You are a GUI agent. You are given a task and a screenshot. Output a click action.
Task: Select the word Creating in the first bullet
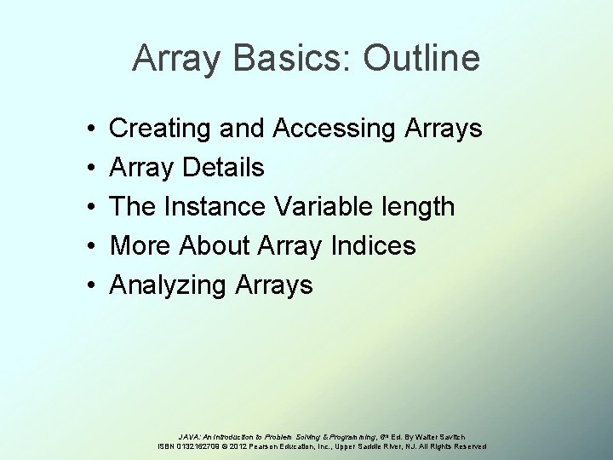click(x=161, y=129)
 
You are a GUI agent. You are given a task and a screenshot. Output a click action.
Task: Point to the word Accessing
click(x=333, y=129)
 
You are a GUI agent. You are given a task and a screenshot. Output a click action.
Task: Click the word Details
click(x=221, y=168)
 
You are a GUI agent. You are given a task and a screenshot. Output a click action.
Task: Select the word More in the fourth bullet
click(x=141, y=246)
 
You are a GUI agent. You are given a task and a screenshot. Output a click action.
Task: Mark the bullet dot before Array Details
click(x=89, y=169)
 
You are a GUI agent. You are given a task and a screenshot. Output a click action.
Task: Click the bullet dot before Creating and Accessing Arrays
click(x=89, y=129)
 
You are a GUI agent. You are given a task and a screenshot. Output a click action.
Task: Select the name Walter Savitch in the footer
click(x=439, y=436)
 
